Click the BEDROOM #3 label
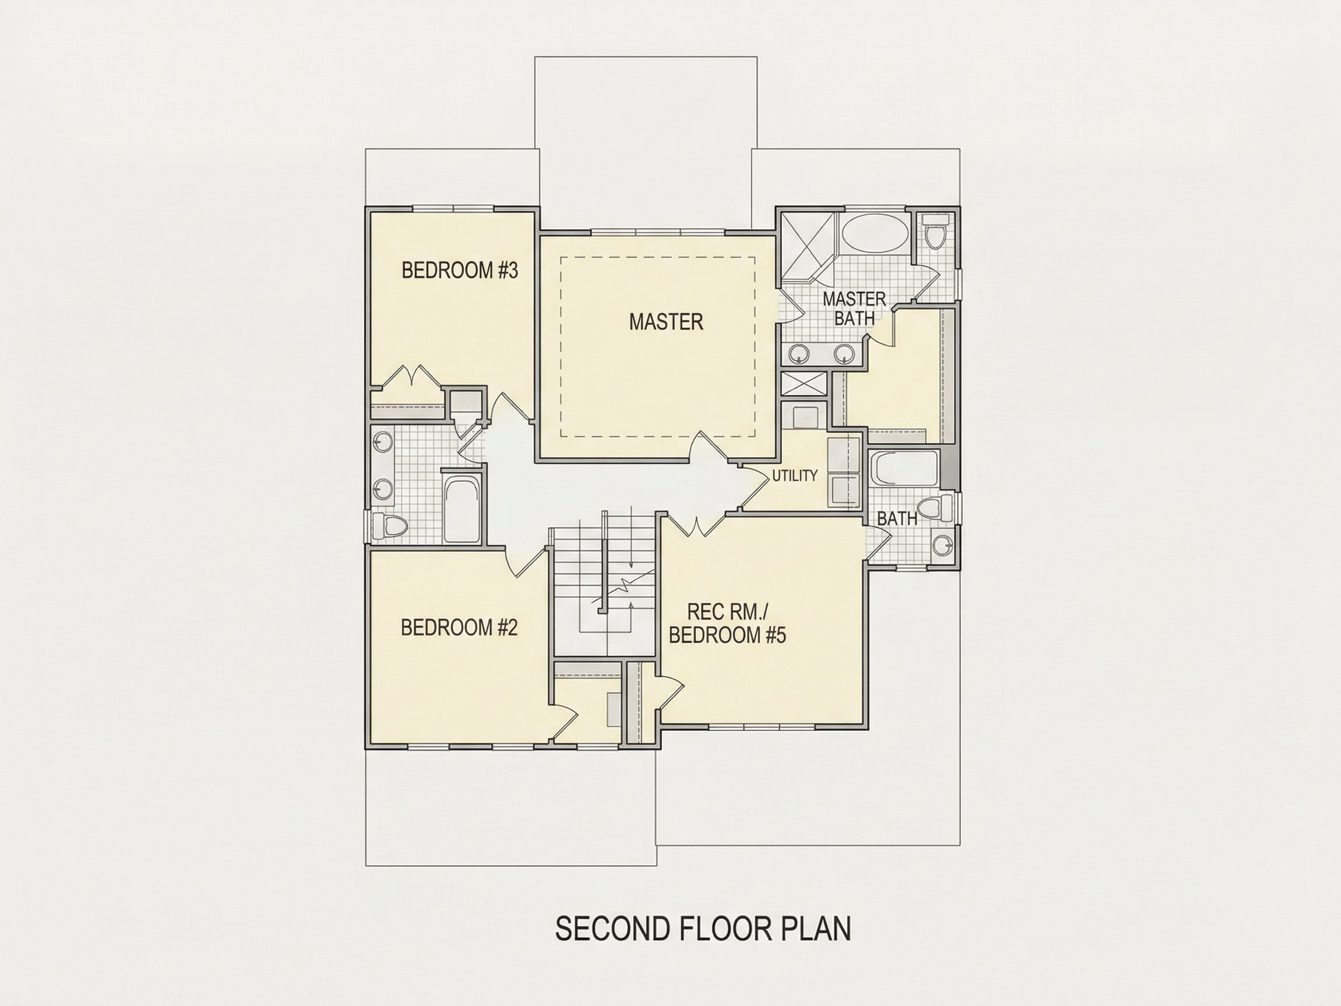[x=460, y=271]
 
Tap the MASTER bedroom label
[x=666, y=322]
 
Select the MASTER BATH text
[x=854, y=308]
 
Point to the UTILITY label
[x=795, y=476]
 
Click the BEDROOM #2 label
[x=459, y=628]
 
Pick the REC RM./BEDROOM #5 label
[x=727, y=623]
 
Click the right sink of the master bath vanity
[x=844, y=353]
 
